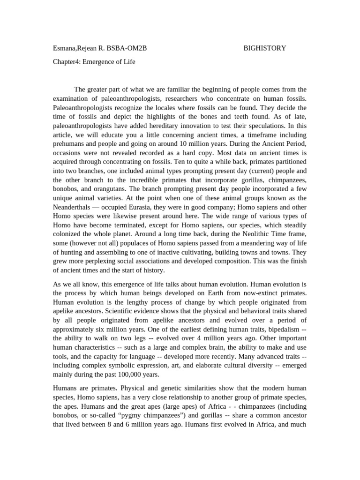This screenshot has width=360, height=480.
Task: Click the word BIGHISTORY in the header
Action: pyautogui.click(x=265, y=48)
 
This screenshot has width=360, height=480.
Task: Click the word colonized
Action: pyautogui.click(x=69, y=233)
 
